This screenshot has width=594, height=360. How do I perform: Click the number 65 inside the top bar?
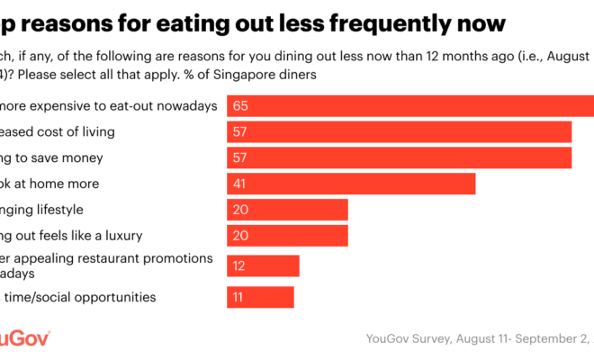(239, 106)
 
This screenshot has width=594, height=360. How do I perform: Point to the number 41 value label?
(239, 184)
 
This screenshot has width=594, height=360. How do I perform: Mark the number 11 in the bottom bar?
(238, 297)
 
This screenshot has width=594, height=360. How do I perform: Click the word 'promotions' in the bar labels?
(184, 258)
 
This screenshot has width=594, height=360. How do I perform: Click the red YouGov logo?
(22, 338)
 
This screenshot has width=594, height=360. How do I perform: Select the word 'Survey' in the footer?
(435, 339)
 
